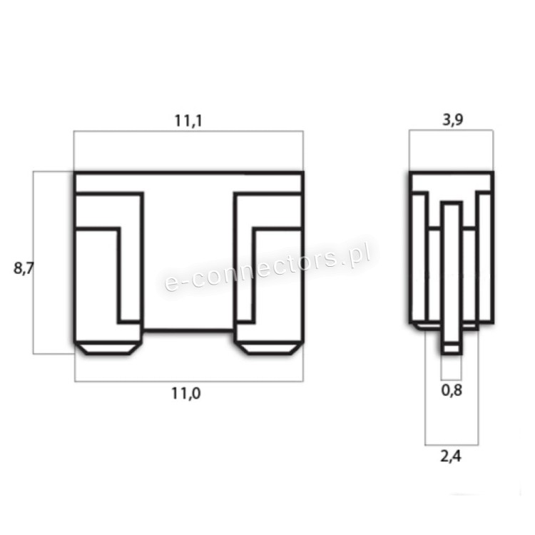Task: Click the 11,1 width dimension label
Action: (188, 121)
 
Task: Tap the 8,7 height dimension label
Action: (24, 268)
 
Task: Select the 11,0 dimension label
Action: (186, 394)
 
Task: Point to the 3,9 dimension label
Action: (452, 120)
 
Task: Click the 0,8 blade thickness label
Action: (452, 390)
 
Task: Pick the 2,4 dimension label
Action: (451, 457)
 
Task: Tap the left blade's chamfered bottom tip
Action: (108, 349)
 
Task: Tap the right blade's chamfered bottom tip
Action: (268, 349)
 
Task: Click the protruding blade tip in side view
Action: (452, 349)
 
